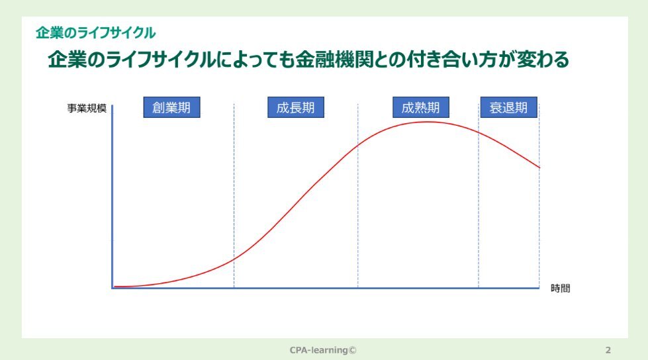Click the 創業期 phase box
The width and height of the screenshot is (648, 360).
tap(171, 107)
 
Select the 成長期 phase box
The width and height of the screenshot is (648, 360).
tap(295, 107)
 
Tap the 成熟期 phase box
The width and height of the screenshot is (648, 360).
tap(421, 107)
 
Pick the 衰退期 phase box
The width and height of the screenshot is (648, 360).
tap(509, 107)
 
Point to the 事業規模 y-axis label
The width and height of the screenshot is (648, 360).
tap(87, 109)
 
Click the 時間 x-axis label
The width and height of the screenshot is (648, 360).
tap(561, 288)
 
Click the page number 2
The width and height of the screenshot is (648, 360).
tap(608, 350)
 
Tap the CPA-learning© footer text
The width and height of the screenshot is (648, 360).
tap(323, 350)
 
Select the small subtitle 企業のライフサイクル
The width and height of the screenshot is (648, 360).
tap(95, 32)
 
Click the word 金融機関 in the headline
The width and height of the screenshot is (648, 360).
tap(334, 60)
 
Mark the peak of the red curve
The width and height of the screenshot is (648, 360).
tap(429, 122)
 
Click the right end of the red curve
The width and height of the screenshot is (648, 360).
tap(539, 167)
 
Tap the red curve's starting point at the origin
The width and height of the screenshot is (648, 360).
tap(115, 286)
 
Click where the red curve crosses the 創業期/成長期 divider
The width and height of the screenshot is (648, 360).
tap(234, 259)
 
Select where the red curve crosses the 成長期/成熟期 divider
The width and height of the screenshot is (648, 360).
tap(358, 146)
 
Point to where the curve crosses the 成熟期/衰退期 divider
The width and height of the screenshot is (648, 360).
tap(479, 132)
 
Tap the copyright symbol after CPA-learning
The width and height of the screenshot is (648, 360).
tap(352, 350)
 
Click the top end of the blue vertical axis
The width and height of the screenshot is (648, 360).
tap(113, 105)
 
